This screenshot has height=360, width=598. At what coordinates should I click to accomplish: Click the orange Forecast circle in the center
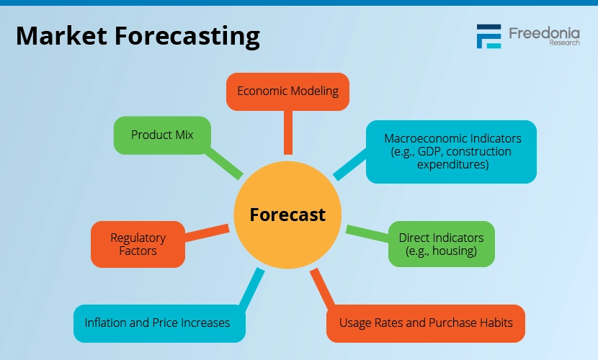click(x=287, y=215)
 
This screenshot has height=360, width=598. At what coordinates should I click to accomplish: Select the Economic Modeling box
click(x=287, y=92)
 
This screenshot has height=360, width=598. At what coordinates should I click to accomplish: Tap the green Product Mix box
click(x=162, y=135)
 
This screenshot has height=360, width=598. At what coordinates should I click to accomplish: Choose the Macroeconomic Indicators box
click(x=451, y=152)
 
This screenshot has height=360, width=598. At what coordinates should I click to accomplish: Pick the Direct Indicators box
click(x=441, y=244)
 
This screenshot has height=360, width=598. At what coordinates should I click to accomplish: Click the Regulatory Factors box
click(x=138, y=244)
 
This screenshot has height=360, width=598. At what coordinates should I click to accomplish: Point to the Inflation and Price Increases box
click(x=159, y=323)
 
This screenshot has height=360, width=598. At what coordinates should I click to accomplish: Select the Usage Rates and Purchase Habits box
click(x=426, y=323)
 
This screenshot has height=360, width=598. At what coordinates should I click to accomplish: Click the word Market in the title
click(x=61, y=36)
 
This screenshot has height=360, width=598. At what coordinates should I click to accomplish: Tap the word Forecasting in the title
click(x=187, y=37)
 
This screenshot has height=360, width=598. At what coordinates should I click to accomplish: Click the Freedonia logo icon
click(x=488, y=37)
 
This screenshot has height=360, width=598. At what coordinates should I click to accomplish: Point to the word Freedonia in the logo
click(x=544, y=33)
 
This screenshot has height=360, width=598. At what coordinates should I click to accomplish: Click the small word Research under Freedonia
click(x=564, y=42)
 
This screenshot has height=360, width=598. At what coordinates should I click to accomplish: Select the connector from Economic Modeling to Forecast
click(x=288, y=132)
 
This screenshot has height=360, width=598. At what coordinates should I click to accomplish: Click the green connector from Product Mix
click(x=223, y=164)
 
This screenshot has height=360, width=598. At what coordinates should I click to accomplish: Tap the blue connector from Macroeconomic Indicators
click(x=350, y=165)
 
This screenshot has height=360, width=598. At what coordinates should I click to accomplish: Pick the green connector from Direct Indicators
click(x=367, y=233)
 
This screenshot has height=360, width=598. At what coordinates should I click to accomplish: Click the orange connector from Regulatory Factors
click(x=207, y=233)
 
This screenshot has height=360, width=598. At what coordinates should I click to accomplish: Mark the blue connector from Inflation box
click(x=252, y=287)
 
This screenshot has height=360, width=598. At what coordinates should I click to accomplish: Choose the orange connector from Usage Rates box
click(x=323, y=287)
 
